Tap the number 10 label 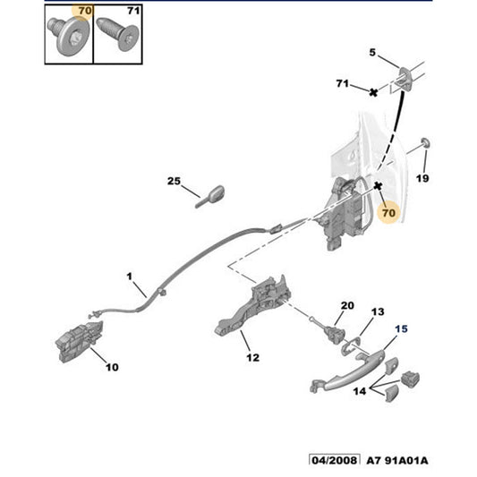[111, 366]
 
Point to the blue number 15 [401, 328]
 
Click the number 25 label [173, 182]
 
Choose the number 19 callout [422, 178]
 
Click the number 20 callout [347, 305]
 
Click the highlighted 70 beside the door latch [388, 215]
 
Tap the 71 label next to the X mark [341, 83]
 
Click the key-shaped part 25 [211, 194]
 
